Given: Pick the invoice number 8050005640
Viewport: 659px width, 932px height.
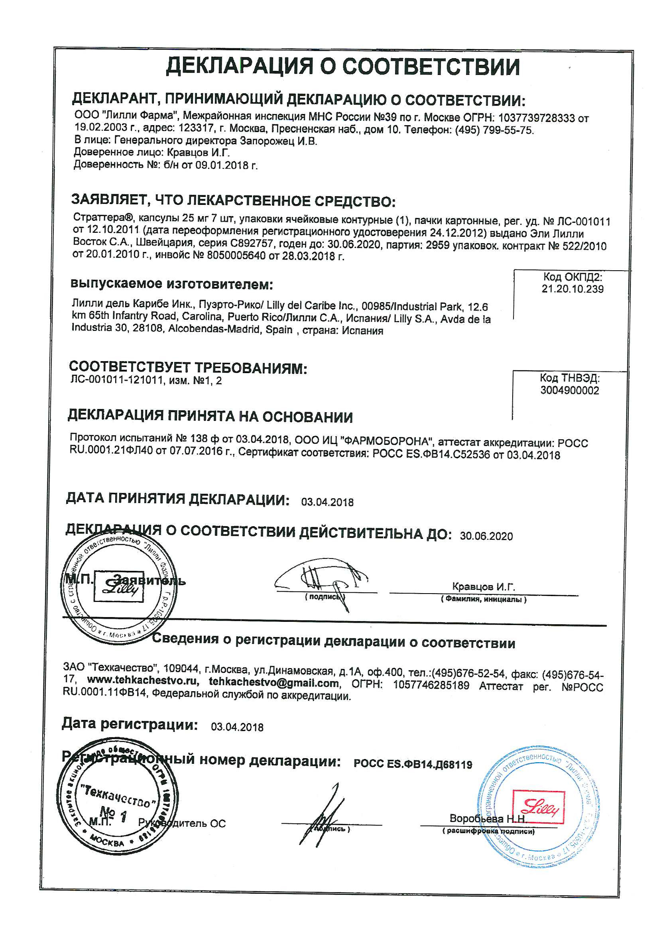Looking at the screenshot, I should [236, 256].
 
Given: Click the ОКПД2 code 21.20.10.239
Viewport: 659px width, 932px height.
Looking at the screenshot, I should [572, 289].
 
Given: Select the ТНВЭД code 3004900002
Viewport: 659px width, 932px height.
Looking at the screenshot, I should [569, 390].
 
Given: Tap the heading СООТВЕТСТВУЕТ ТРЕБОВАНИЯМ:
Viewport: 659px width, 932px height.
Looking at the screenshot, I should [188, 368].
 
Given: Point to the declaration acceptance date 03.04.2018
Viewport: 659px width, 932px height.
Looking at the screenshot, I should [327, 502].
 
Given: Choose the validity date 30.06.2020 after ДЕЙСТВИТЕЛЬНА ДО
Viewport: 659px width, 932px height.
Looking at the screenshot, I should [486, 536].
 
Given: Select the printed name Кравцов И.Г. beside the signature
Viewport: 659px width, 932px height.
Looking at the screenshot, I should [483, 586].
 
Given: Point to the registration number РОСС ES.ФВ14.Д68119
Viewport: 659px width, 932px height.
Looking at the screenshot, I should [413, 765].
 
